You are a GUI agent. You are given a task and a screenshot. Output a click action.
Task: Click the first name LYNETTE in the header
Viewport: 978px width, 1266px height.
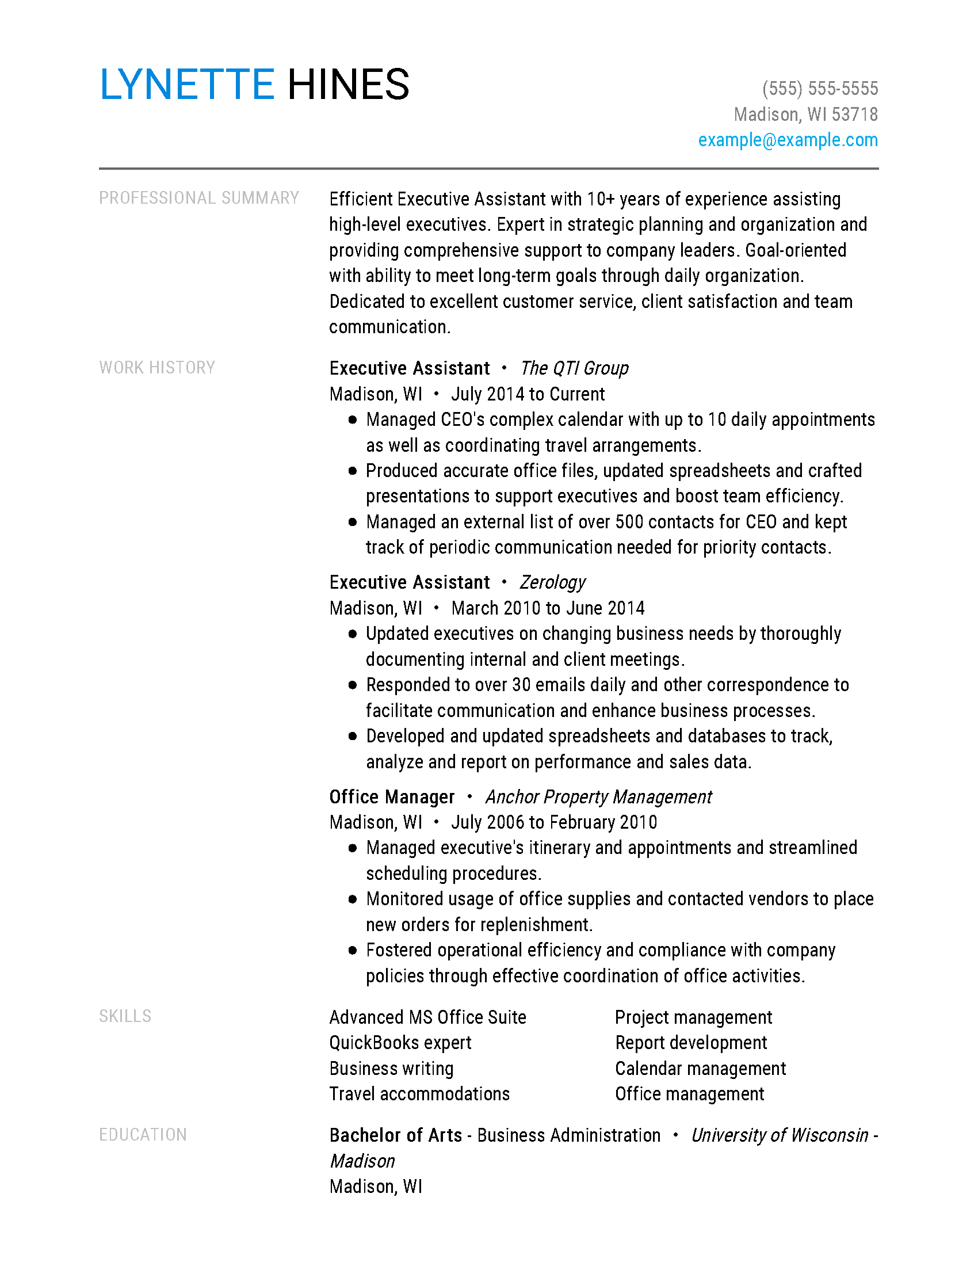click(186, 85)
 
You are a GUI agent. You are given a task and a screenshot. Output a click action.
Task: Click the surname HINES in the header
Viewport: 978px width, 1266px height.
click(348, 85)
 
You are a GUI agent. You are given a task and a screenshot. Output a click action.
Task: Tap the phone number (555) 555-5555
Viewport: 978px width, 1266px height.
click(820, 89)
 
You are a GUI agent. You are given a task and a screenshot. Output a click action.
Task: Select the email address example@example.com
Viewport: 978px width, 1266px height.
click(788, 140)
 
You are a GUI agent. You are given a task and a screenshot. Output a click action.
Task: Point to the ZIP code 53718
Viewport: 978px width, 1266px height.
click(854, 115)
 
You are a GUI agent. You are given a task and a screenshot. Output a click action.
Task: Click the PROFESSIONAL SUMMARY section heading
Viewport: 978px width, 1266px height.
click(198, 199)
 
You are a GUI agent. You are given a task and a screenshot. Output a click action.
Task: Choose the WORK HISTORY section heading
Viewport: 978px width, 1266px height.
click(157, 368)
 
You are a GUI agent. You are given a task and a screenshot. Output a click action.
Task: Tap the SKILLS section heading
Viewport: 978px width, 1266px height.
click(125, 1016)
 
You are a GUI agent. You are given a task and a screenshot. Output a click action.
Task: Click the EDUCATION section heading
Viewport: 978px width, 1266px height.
click(143, 1134)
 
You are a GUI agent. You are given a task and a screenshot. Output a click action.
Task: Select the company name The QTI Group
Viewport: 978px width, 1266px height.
click(574, 368)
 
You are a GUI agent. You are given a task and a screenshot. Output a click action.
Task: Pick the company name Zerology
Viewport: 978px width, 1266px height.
click(553, 582)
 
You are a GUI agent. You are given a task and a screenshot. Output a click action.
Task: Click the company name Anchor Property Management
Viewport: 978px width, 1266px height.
click(598, 797)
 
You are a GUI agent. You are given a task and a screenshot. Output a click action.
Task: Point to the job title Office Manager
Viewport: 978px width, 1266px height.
click(392, 797)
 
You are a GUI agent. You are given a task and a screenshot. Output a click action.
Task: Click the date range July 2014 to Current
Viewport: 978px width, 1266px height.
click(528, 394)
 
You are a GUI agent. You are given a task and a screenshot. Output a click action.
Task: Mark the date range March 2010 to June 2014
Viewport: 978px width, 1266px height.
click(548, 608)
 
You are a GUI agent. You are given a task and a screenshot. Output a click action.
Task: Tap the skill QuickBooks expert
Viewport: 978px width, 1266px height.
click(400, 1043)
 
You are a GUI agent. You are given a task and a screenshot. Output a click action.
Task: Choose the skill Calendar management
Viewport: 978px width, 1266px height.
click(701, 1069)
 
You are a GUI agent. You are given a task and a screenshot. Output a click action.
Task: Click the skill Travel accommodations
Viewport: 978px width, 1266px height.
click(419, 1094)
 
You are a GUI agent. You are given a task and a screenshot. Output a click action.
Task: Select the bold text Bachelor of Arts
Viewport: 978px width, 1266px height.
click(396, 1135)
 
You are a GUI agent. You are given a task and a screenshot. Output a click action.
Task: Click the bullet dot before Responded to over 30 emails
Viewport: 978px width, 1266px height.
click(353, 685)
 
